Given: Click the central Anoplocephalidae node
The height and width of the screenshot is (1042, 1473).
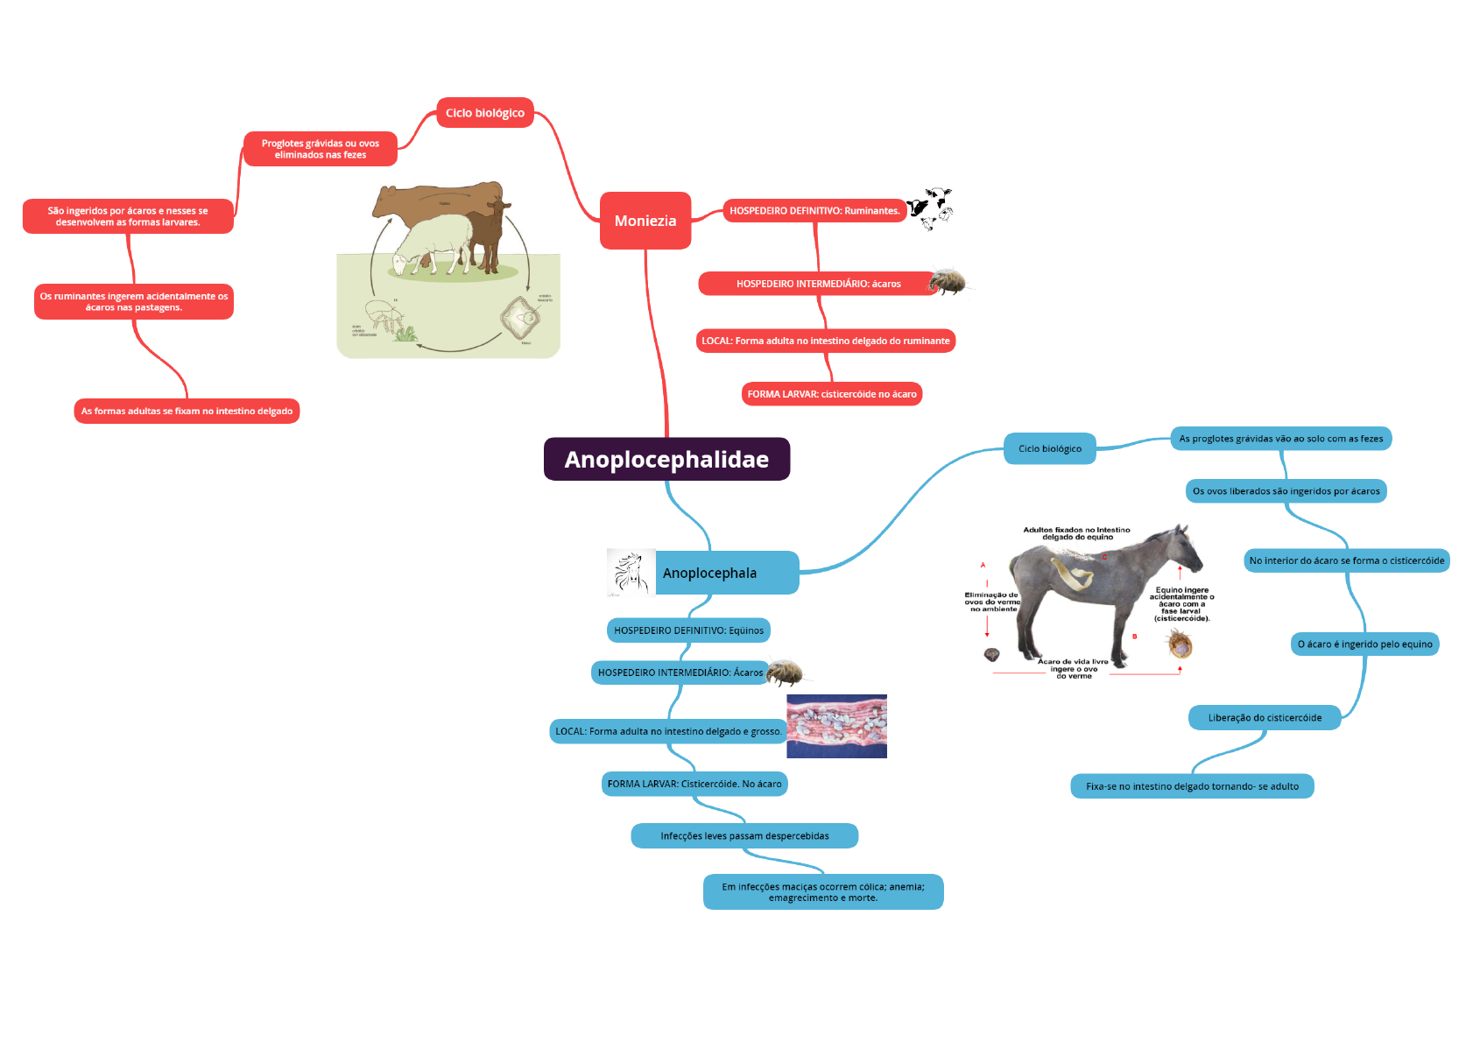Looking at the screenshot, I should [666, 459].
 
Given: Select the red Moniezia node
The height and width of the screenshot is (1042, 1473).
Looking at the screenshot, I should [645, 221].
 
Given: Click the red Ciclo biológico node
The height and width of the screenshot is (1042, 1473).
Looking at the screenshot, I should [484, 113].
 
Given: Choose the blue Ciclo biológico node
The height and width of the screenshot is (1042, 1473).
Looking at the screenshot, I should [1049, 448].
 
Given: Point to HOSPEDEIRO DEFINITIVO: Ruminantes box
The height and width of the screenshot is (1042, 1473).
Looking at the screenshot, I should [814, 211].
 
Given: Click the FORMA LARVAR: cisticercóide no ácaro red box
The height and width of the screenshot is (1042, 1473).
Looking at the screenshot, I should [831, 394].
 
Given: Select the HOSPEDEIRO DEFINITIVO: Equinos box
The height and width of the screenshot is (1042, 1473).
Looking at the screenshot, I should [688, 630].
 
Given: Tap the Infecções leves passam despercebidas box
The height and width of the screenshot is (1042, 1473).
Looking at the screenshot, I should [744, 836].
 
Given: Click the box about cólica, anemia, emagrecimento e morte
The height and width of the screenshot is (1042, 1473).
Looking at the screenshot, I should [822, 892].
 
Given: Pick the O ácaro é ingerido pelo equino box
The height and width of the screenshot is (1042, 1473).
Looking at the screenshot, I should [1364, 644].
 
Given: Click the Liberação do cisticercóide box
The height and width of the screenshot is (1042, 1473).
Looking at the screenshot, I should [1265, 718].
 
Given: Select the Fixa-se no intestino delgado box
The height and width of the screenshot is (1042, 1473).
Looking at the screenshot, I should [1192, 786].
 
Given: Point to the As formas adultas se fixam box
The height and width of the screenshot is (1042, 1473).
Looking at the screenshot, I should [187, 412].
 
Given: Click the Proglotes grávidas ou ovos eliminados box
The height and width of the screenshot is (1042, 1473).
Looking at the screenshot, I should [320, 149].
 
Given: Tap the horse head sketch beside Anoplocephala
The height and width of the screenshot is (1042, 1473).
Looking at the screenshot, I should [631, 574].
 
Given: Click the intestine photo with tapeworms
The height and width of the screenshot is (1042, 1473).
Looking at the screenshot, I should [836, 726].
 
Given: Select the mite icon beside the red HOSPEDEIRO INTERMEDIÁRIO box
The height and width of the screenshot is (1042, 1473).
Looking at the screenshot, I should [948, 282].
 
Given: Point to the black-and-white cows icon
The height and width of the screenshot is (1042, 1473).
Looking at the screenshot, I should [929, 208].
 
